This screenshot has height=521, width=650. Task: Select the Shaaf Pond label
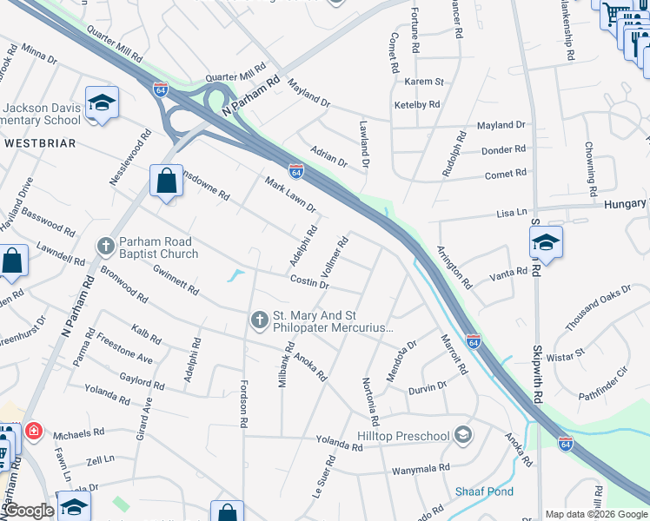(x=484, y=491)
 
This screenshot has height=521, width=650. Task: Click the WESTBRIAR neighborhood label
(x=39, y=142)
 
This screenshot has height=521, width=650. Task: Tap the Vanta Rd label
(x=508, y=272)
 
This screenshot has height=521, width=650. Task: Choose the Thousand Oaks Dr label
(x=598, y=308)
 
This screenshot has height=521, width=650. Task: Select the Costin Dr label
(x=309, y=282)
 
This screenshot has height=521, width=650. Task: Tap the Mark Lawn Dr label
(x=290, y=196)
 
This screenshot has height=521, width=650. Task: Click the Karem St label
(x=424, y=82)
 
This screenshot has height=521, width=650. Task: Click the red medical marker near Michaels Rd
(x=33, y=430)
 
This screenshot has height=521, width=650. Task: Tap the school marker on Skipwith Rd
(x=545, y=243)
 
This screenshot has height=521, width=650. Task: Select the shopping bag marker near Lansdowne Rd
(x=165, y=181)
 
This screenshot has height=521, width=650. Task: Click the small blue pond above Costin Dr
(x=234, y=277)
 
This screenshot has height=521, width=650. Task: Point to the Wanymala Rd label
(x=421, y=468)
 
